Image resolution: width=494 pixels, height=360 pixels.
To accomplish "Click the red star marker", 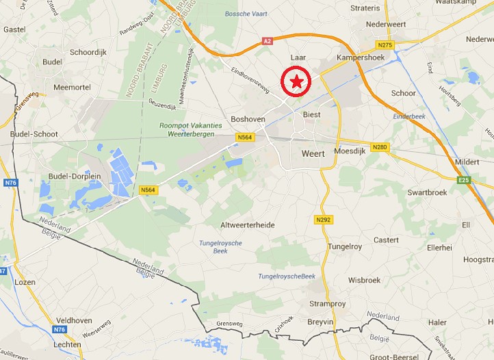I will coord(297,82).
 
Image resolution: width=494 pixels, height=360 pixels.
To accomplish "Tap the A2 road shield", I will coord(267,42).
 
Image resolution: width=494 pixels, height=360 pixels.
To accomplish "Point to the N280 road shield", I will coord(380,147).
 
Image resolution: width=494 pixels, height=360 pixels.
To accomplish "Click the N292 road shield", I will coord(324,220).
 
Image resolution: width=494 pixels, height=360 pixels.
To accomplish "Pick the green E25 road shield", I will coord(465,180).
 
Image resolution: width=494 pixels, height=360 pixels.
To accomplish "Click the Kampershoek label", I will coord(360,57).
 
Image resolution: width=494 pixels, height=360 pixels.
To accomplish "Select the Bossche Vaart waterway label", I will coord(246,14).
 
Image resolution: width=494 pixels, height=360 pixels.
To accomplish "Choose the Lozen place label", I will coord(24,282).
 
